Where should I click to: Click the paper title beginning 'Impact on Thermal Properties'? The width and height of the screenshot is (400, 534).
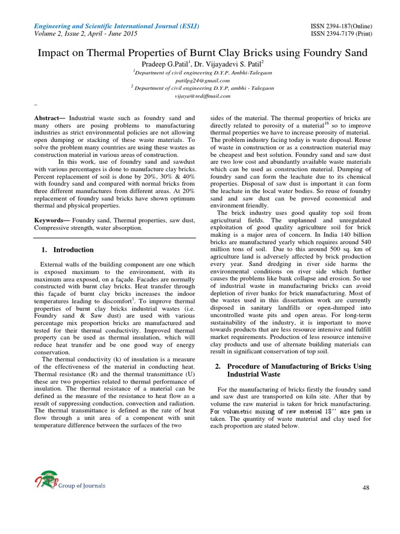pyautogui.click(x=200, y=53)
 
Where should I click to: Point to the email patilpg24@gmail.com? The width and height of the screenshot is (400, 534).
pyautogui.click(x=200, y=81)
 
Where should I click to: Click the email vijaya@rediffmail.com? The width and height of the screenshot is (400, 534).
pyautogui.click(x=200, y=96)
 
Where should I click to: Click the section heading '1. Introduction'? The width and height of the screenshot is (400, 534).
pyautogui.click(x=67, y=250)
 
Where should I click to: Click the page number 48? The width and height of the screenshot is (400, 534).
pyautogui.click(x=365, y=487)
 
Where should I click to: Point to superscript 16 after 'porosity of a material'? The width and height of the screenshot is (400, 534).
pyautogui.click(x=327, y=124)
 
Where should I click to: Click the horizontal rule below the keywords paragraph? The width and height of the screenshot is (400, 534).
pyautogui.click(x=115, y=237)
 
